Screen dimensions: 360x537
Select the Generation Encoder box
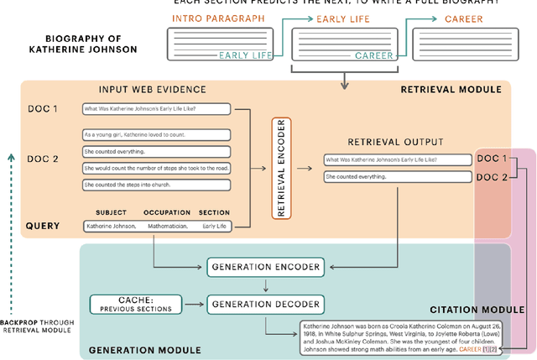[x=263, y=268]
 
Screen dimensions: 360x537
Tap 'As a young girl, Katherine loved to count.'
[x=156, y=133]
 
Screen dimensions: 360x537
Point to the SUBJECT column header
[x=111, y=212]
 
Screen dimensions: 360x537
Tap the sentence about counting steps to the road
[x=156, y=168]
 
